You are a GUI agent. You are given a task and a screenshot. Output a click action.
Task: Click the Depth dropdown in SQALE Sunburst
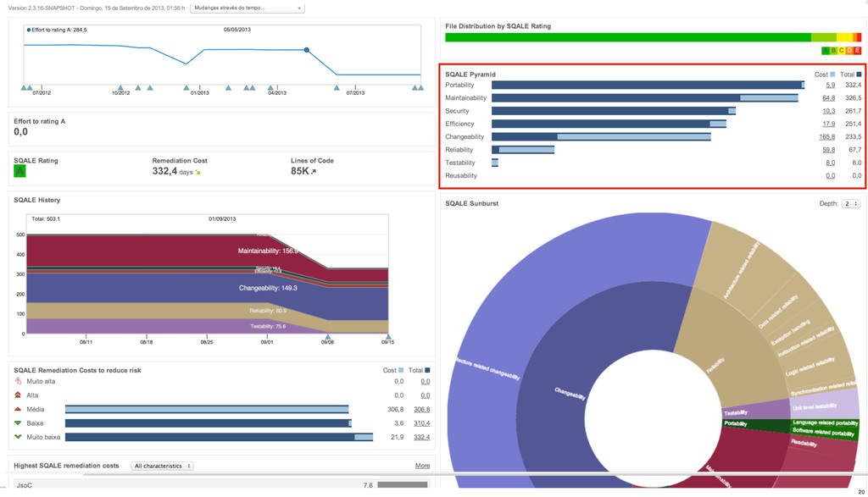tap(851, 204)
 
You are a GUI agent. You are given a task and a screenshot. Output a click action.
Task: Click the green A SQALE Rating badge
tap(19, 171)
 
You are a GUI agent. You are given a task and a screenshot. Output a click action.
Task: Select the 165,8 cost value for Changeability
tap(826, 137)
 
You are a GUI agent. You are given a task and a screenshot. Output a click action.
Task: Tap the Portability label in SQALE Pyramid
tap(460, 86)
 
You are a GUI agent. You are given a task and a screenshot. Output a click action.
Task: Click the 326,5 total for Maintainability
tap(852, 98)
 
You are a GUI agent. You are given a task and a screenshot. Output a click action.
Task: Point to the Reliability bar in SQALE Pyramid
tap(523, 150)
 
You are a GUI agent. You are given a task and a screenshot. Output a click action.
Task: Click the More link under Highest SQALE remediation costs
tap(422, 466)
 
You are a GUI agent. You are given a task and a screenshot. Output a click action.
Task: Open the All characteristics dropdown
tap(163, 466)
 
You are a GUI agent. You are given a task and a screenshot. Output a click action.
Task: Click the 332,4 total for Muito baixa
tap(421, 437)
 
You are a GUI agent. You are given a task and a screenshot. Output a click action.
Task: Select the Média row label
tap(36, 409)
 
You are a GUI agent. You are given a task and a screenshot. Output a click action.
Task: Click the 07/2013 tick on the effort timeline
tap(354, 92)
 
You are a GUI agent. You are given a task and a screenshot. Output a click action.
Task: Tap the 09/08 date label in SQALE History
tap(327, 343)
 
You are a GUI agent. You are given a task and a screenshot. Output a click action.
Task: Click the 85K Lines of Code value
tap(300, 171)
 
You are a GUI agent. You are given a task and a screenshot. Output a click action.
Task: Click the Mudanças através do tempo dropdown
tap(247, 8)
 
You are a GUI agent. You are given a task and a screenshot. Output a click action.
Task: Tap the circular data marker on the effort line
tap(307, 50)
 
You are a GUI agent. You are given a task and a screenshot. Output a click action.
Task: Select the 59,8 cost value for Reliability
tap(828, 150)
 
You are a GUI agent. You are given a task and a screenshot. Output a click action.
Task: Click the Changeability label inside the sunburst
tap(570, 391)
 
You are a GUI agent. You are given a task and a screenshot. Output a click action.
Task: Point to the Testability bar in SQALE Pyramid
tap(495, 163)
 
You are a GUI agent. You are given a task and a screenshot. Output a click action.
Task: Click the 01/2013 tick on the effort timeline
tap(199, 92)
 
